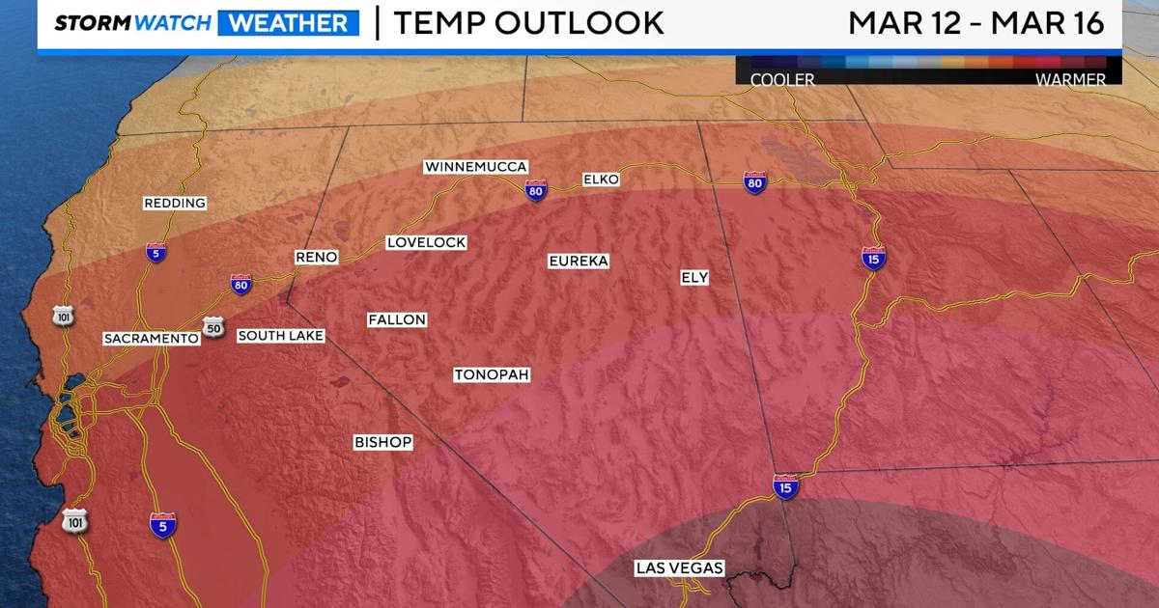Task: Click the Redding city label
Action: pos(175,203)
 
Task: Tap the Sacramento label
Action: pos(152,339)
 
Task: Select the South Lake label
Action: pos(280,336)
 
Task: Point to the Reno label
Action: pos(316,257)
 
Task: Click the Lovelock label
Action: pos(426,242)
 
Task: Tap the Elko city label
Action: pos(601,180)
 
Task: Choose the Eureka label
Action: pos(579,261)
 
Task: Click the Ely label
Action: pos(694,278)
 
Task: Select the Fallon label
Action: pos(397,319)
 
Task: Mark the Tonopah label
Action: pos(492,374)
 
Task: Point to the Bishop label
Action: pos(382,442)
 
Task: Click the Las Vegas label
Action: pos(679,568)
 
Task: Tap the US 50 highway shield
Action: pos(213,328)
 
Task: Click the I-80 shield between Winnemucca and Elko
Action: pos(536,190)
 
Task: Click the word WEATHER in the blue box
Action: pos(288,22)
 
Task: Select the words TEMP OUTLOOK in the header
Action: pos(528,22)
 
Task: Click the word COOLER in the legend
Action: pos(782,80)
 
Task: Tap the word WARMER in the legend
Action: pos(1070,80)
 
